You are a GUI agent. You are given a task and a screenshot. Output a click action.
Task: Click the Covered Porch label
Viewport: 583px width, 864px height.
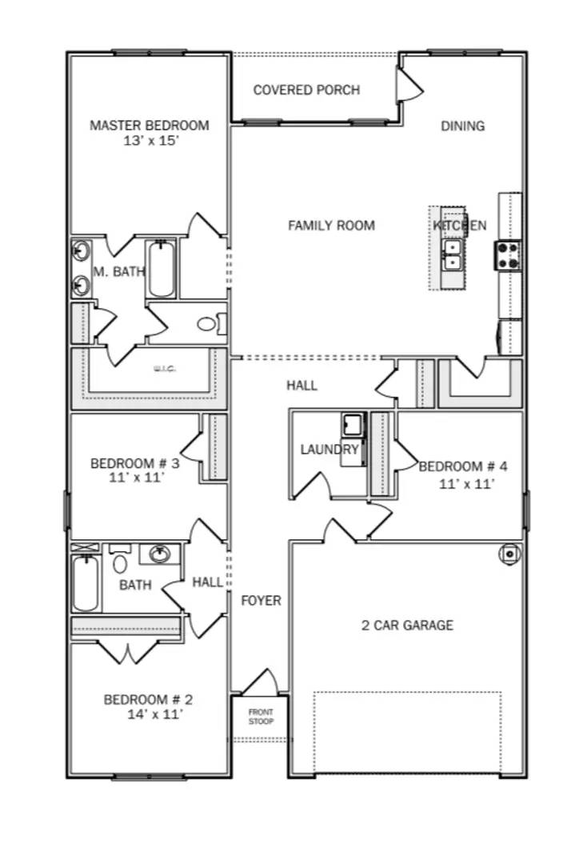pos(306,90)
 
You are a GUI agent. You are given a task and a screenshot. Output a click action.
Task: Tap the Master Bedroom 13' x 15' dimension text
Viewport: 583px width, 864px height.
pos(150,141)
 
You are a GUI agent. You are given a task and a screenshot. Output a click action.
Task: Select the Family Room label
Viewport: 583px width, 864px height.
pos(331,226)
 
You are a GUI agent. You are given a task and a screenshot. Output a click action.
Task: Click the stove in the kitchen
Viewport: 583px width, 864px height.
pos(508,256)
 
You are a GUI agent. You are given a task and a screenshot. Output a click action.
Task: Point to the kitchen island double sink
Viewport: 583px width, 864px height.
pos(453,254)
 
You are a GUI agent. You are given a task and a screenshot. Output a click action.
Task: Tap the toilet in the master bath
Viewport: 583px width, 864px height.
pos(209,324)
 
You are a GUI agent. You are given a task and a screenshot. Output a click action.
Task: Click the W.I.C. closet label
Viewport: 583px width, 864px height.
pos(164,369)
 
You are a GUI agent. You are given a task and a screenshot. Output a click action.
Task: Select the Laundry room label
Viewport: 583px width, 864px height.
pos(329,449)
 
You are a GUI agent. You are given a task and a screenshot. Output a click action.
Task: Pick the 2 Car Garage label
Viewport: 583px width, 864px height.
pos(407,625)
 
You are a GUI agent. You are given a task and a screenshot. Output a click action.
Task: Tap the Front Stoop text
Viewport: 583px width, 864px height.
pos(260,717)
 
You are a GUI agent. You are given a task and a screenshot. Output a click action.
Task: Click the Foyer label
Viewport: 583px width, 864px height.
pos(262,600)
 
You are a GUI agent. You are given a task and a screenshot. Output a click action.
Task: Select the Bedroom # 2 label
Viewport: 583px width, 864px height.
pos(148,700)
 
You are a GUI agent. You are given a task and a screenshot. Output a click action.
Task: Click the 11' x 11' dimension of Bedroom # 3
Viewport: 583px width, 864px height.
pos(134,478)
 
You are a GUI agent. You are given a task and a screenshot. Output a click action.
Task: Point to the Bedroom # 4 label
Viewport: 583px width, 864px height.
pos(463,466)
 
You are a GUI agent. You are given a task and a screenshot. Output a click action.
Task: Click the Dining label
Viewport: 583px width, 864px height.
pos(462,126)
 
